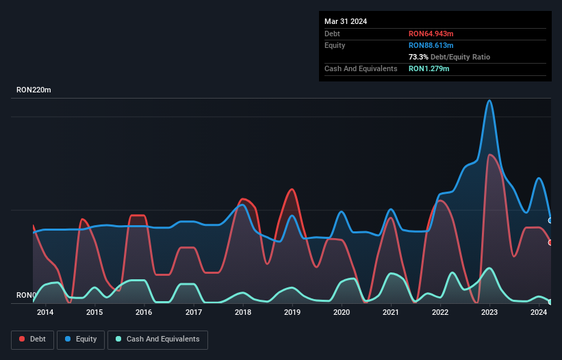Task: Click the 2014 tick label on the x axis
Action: [45, 313]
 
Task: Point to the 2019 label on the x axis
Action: [292, 313]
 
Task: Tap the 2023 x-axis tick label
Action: [489, 313]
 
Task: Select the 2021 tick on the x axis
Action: [391, 313]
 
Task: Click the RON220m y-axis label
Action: [34, 90]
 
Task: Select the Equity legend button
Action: [81, 339]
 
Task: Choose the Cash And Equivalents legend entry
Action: [157, 339]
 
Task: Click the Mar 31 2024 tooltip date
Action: [346, 21]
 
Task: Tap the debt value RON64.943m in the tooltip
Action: [431, 34]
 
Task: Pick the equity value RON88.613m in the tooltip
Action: [431, 45]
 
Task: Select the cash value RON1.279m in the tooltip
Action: [429, 68]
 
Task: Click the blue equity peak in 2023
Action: [489, 101]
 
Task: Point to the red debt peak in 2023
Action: [489, 155]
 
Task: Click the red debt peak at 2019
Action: [292, 189]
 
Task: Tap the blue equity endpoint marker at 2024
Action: [550, 220]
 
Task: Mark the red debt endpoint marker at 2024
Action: [550, 242]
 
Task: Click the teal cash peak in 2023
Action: [489, 268]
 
